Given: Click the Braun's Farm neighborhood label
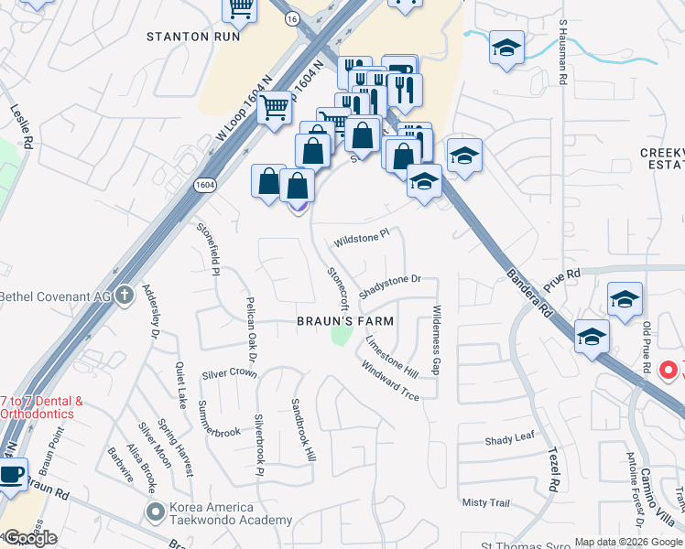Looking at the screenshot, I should click(345, 321).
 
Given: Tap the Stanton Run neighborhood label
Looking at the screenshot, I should click(193, 37).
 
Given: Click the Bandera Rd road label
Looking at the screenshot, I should click(530, 292).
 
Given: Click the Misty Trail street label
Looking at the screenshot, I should click(485, 502).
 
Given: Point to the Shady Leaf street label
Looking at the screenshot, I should click(509, 439).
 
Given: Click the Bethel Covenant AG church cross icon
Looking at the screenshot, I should click(125, 296).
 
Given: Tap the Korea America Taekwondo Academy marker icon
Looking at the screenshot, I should click(154, 509).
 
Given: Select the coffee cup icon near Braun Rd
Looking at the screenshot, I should click(11, 475).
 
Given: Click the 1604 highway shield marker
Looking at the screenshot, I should click(205, 184).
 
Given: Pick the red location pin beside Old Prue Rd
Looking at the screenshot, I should click(669, 371).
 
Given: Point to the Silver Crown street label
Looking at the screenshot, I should click(229, 373).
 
